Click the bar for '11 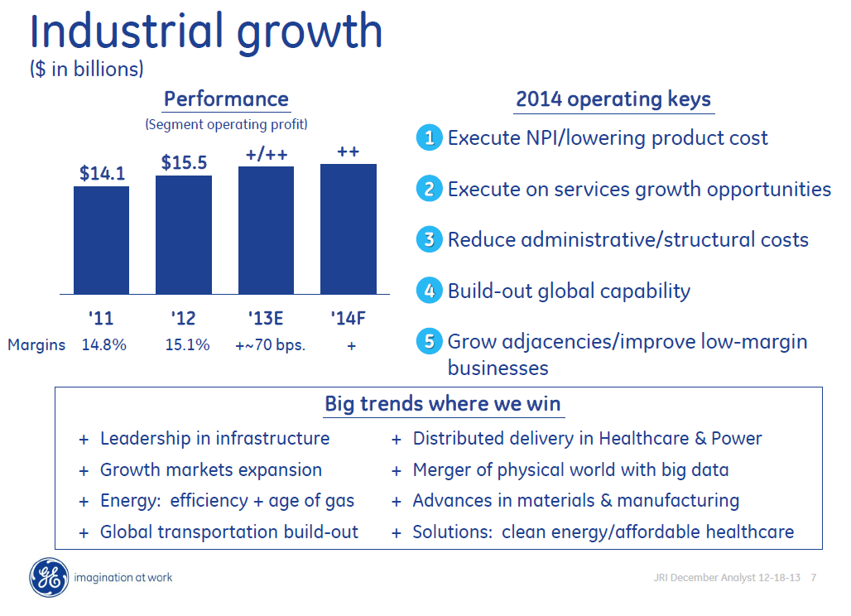pos(101,240)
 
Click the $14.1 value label pos(102,173)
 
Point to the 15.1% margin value pos(187,345)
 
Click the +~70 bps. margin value pos(270,345)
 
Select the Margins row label pos(36,345)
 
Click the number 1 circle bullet pos(429,138)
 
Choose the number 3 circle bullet pos(429,240)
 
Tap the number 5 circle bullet pos(429,342)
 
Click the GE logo pos(49,577)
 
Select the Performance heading pos(226,99)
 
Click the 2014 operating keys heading pos(613,100)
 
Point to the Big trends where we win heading pos(442,404)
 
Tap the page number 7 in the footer pos(813,578)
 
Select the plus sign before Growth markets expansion pos(83,471)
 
